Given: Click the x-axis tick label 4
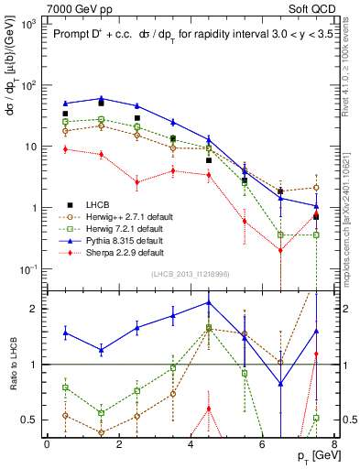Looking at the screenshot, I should (x=190, y=443).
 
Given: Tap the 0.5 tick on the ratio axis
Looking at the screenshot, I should (x=29, y=420).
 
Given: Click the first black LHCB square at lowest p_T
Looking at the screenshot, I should (x=65, y=114).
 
